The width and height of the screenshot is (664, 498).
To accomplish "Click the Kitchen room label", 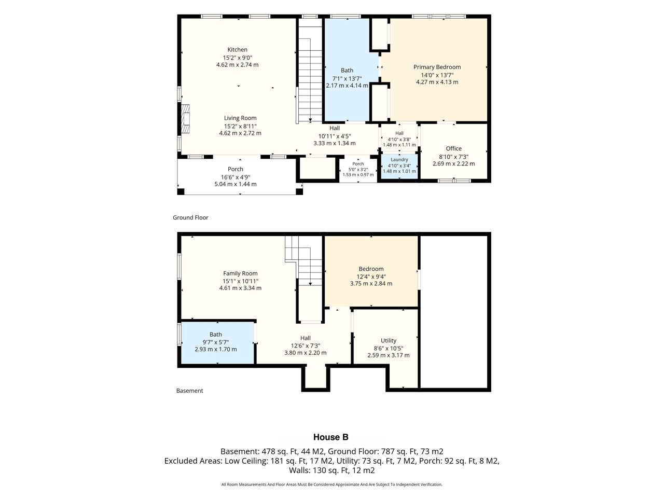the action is click(237, 50).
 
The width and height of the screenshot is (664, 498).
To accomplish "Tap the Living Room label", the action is click(240, 118).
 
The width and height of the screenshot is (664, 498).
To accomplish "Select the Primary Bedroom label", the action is click(437, 67).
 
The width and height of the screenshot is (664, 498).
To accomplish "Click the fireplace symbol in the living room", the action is click(185, 118).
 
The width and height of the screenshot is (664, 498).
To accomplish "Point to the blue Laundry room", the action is click(399, 167).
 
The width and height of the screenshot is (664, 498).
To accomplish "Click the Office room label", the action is click(453, 148).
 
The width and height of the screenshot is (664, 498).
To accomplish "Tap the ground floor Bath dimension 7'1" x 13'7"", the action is click(347, 79).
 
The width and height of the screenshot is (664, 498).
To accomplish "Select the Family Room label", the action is click(240, 273).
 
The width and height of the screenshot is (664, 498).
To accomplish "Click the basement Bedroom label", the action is click(371, 269).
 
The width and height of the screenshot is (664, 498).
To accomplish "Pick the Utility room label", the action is click(389, 340).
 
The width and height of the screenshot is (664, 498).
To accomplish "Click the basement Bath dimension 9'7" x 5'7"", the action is click(215, 342).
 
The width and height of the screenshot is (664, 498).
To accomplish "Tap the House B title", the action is click(330, 437).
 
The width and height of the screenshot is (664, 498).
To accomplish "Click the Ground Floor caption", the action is click(190, 217).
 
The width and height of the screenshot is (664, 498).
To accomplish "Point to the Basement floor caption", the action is click(190, 391).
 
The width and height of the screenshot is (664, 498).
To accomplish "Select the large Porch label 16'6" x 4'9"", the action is click(236, 176).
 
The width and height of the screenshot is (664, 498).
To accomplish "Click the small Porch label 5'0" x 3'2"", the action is click(358, 169).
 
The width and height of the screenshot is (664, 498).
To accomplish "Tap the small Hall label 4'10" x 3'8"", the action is click(399, 139).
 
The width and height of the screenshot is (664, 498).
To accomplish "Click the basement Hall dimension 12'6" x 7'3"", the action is click(305, 345).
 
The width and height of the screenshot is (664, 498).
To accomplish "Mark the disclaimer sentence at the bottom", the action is click(331, 484).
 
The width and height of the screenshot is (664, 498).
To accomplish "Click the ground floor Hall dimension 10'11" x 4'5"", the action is click(335, 136).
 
